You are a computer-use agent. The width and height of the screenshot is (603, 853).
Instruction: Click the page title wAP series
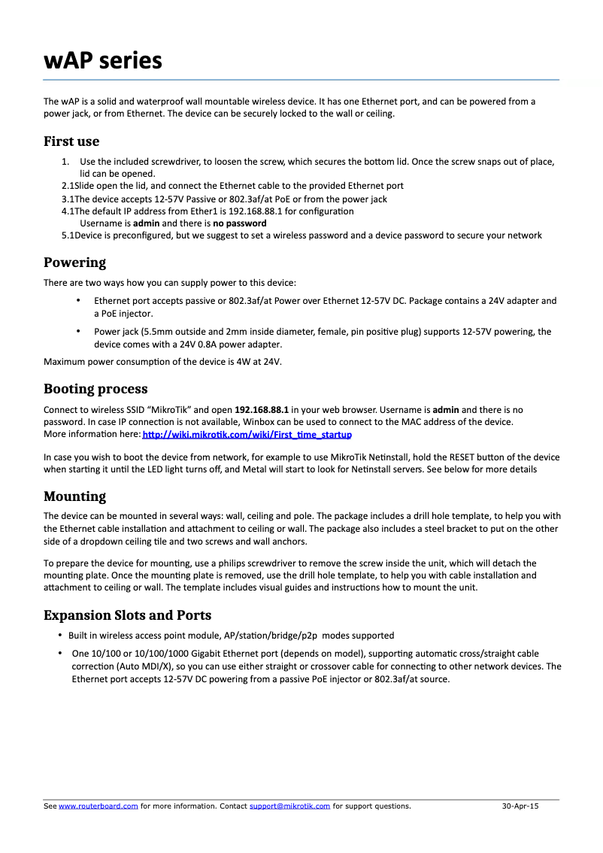[102, 60]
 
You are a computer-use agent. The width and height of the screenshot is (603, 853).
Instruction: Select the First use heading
[71, 141]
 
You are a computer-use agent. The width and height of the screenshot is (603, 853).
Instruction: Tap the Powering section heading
[74, 263]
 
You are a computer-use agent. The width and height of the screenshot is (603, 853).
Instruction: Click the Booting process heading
[95, 389]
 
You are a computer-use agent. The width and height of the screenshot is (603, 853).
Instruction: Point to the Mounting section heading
[74, 496]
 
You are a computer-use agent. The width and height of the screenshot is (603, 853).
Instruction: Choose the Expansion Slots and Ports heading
[127, 615]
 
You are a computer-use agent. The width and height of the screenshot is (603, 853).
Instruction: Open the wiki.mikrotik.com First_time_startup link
[247, 435]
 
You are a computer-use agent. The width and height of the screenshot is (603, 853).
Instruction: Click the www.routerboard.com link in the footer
[98, 806]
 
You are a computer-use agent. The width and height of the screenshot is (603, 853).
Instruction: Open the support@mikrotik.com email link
[289, 806]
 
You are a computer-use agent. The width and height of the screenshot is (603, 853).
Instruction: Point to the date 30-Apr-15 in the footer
[520, 806]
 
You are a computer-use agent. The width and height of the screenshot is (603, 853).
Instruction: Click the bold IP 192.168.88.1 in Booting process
[262, 410]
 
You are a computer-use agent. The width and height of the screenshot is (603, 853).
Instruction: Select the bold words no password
[239, 223]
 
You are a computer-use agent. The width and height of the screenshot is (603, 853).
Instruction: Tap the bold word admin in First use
[146, 223]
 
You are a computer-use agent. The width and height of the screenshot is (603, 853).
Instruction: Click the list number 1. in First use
[65, 162]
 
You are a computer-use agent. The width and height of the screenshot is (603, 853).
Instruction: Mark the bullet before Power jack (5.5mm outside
[79, 331]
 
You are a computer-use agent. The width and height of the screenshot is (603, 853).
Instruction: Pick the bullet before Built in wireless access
[60, 636]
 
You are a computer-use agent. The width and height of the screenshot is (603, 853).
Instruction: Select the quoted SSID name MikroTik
[167, 410]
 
